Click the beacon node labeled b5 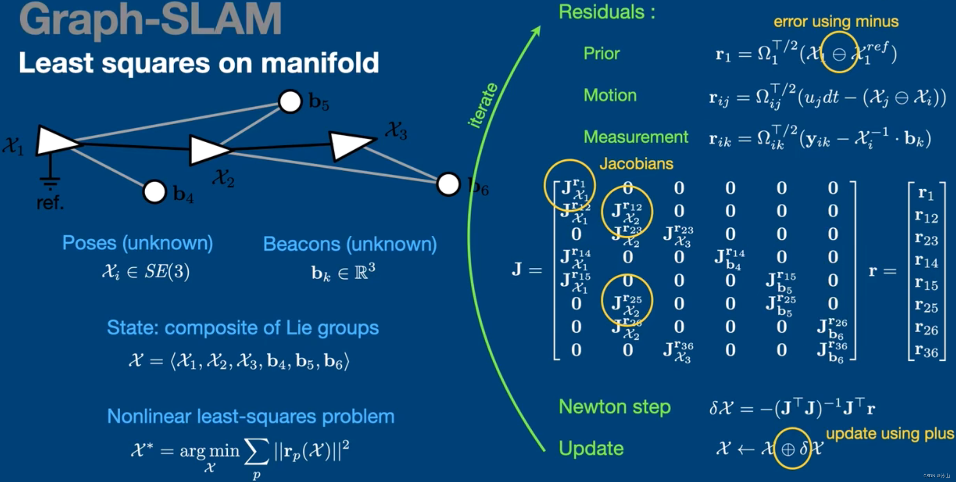290,101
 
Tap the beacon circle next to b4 155,192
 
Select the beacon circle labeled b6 448,184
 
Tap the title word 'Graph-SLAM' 150,20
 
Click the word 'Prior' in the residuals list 601,54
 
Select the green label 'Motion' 610,95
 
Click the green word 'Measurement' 635,137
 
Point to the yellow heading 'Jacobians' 636,163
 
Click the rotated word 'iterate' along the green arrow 483,106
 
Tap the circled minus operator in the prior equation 839,54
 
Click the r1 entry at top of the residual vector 926,193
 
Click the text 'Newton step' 614,407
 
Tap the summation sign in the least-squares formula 256,452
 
